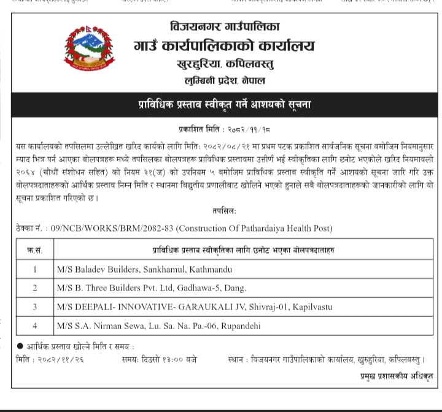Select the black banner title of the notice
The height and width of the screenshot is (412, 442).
pos(225,104)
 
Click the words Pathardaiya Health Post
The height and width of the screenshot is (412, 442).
pos(285,228)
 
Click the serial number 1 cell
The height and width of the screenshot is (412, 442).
pos(35,269)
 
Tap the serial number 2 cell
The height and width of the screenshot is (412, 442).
pos(35,287)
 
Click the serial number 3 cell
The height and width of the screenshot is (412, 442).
pos(35,306)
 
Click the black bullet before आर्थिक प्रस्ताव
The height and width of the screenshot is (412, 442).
pos(20,347)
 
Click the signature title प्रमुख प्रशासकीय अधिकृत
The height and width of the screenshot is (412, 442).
pos(397,375)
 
